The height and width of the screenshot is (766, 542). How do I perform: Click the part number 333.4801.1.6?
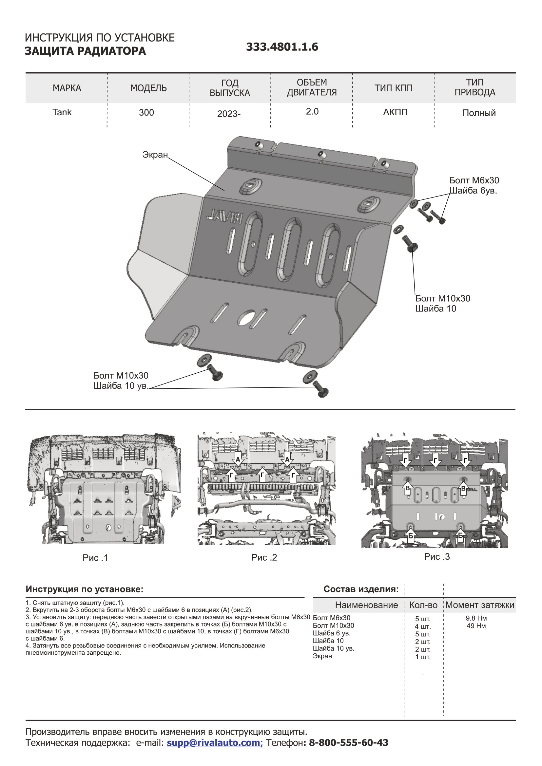(x=282, y=47)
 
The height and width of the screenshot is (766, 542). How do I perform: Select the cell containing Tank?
(x=62, y=112)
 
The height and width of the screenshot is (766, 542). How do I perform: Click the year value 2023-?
(x=229, y=114)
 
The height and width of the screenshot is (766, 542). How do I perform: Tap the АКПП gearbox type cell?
(x=395, y=112)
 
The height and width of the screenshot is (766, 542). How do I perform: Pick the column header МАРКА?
(x=67, y=88)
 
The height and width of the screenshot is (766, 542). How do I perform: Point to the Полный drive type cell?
(x=479, y=113)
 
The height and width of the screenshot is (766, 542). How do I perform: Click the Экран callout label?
(x=155, y=155)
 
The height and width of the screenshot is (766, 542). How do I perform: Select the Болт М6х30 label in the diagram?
(x=474, y=180)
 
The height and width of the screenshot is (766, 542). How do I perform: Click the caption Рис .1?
(x=95, y=558)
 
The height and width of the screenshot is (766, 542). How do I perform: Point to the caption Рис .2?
(x=264, y=557)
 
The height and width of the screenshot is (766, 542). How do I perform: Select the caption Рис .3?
(x=437, y=556)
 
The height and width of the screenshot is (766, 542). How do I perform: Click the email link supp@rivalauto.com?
(x=215, y=743)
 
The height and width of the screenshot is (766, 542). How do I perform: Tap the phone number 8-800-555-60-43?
(x=348, y=743)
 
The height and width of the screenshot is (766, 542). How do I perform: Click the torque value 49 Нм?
(x=476, y=626)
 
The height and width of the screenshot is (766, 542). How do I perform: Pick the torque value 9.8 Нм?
(x=476, y=618)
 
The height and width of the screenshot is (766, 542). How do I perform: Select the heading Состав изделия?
(x=361, y=589)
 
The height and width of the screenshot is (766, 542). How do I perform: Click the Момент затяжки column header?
(x=480, y=605)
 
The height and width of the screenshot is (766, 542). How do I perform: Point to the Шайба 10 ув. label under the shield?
(x=120, y=386)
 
